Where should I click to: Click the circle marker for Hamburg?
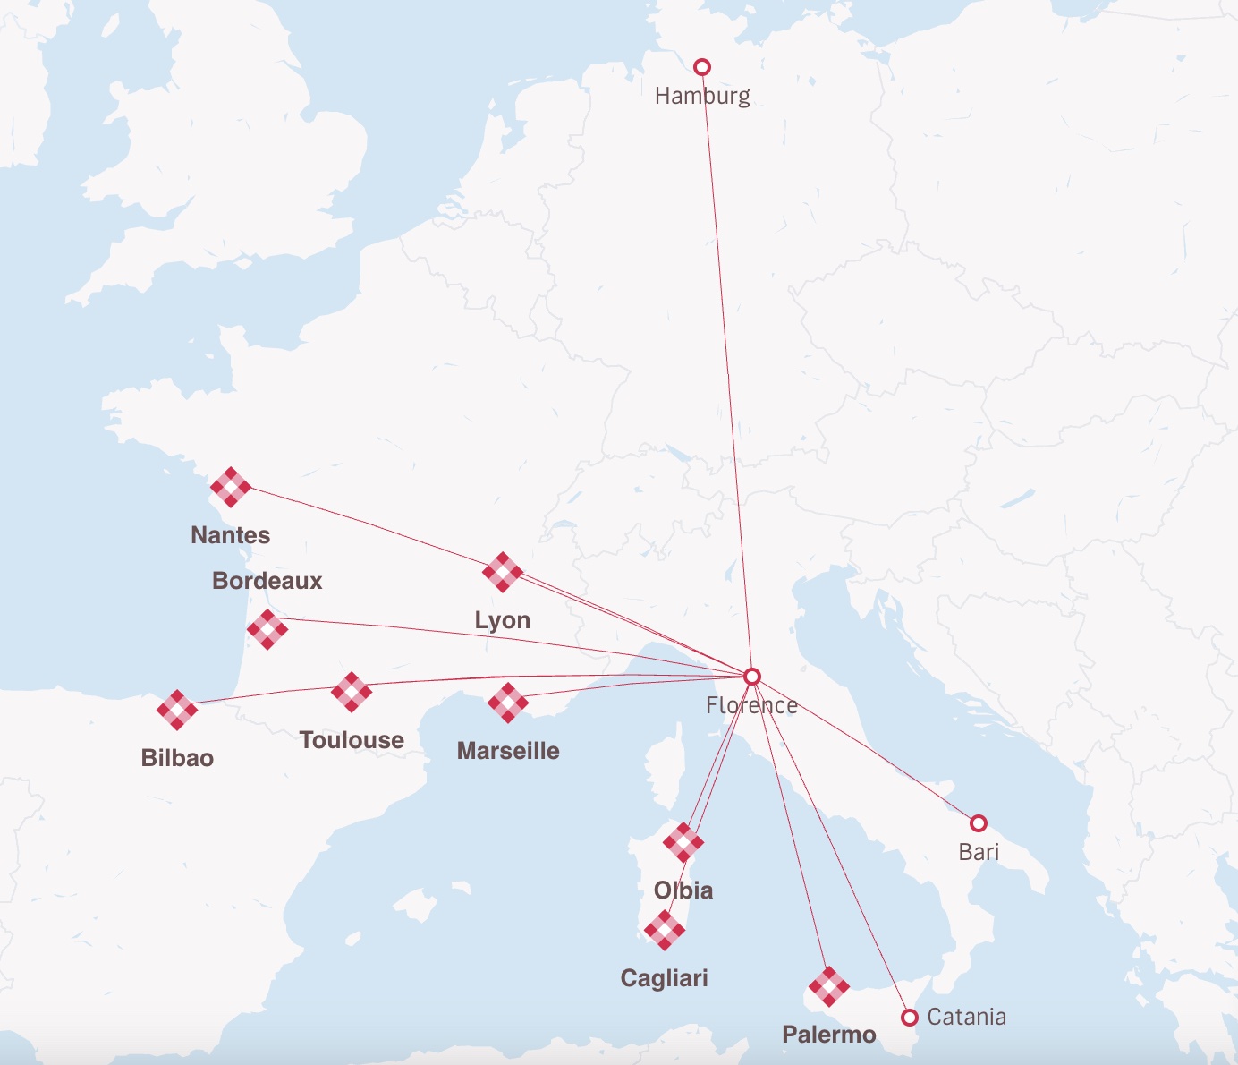coord(702,67)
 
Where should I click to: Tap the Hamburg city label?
coord(702,96)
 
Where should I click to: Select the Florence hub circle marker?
coord(752,676)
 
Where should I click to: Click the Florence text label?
coord(751,705)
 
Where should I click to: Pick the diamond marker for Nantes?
coord(231,487)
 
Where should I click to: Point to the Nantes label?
coord(230,535)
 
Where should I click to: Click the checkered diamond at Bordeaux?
coord(267,629)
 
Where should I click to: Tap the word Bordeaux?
coord(267,581)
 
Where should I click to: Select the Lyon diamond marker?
coord(503,572)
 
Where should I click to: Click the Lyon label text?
coord(503,620)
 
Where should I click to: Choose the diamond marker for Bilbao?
coord(177,710)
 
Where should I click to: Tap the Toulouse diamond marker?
coord(352,692)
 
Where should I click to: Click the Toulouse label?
coord(352,740)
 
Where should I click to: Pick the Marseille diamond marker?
coord(508,703)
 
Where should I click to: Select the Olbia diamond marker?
coord(683,842)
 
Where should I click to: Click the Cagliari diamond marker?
coord(664,930)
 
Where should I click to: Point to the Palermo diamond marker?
coord(829,986)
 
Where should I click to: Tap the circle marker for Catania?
coord(910,1018)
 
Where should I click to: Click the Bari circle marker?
coord(979,822)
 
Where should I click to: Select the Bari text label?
coord(979,852)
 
